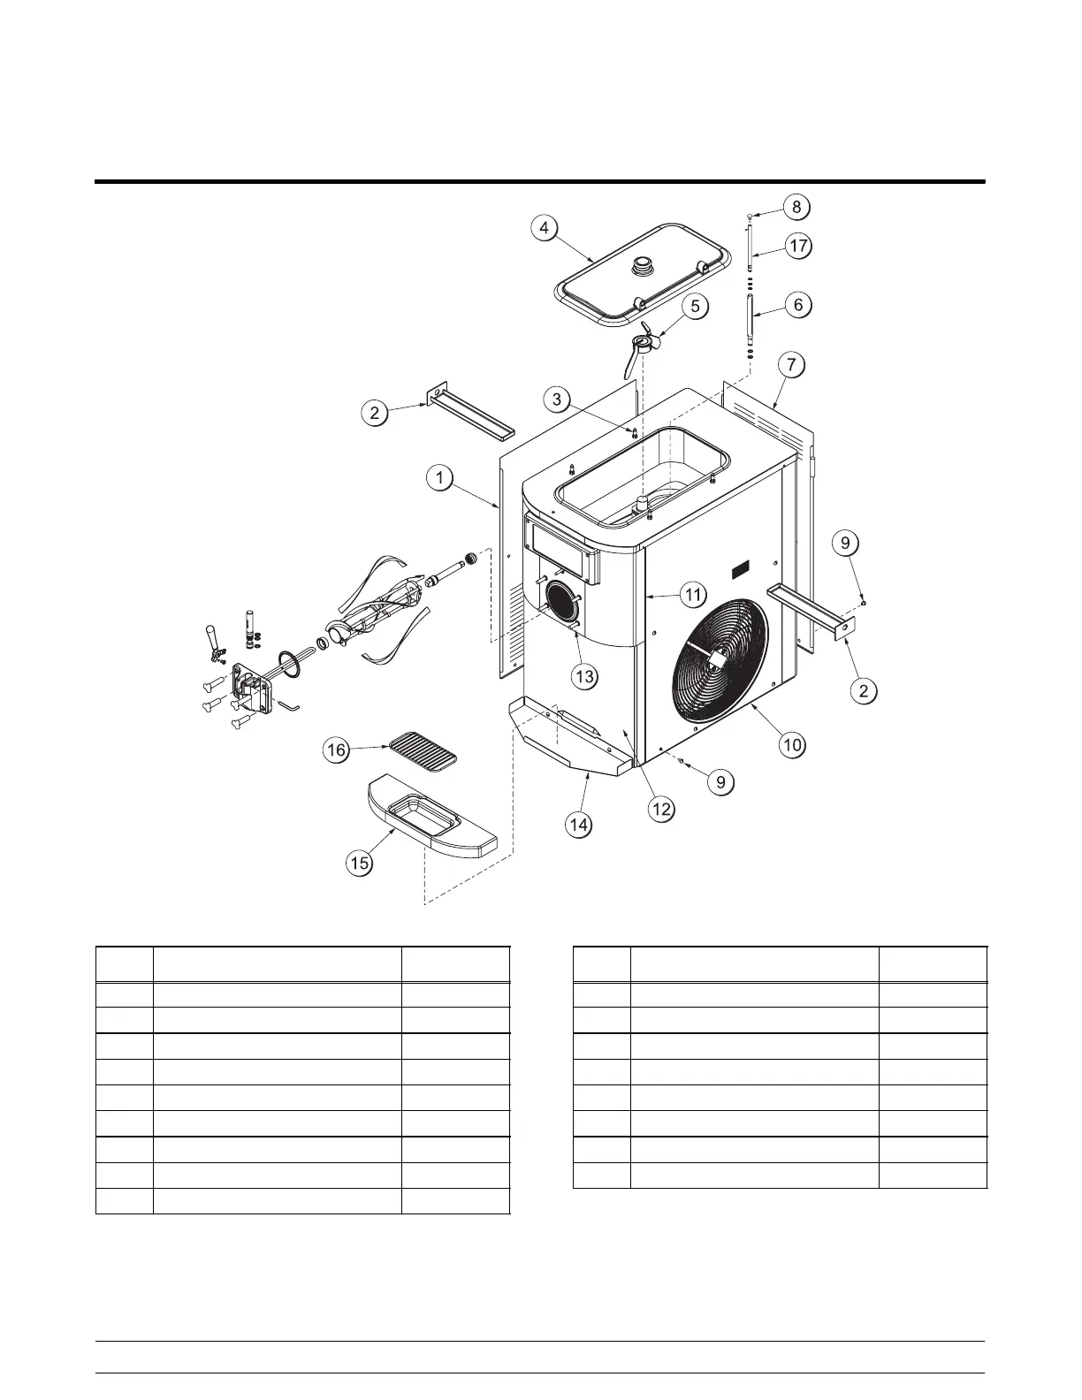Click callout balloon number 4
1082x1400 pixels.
click(x=545, y=227)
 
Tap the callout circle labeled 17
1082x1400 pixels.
click(x=798, y=246)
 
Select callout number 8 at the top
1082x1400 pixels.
click(x=796, y=207)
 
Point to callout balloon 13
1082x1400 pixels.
click(x=584, y=677)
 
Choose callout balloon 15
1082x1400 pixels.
click(x=359, y=863)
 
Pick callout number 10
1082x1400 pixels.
click(x=792, y=744)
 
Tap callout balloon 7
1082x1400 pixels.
click(x=792, y=363)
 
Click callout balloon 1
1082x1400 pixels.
click(x=438, y=479)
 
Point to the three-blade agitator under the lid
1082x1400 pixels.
click(x=644, y=345)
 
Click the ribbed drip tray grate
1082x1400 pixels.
click(x=423, y=752)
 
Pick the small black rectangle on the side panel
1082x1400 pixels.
click(x=740, y=572)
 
